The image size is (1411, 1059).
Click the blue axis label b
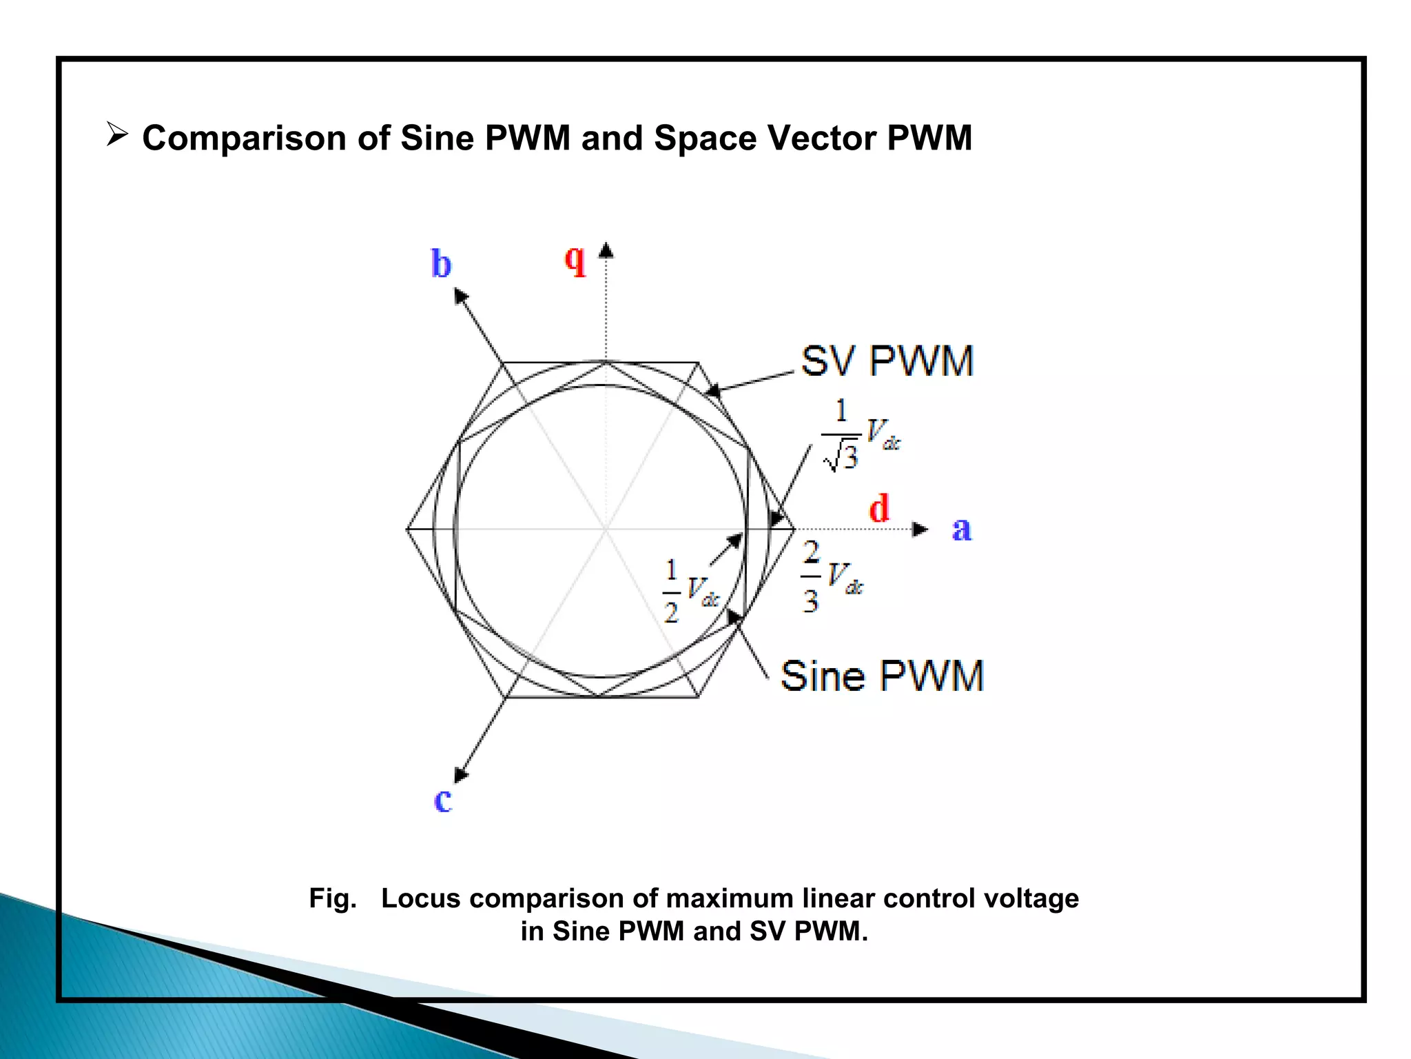441,264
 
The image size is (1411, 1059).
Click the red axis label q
575,261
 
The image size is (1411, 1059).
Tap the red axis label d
879,510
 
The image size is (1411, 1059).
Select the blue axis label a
962,529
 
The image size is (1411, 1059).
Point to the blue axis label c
443,800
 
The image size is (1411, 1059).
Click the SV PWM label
887,361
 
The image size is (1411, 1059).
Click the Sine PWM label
882,676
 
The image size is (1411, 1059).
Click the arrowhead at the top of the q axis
606,250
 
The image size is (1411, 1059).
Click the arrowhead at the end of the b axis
460,296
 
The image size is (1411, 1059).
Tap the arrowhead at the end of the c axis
461,775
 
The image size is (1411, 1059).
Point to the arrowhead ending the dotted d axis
920,529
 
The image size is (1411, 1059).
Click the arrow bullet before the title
117,134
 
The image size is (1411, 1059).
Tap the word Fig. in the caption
333,898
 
